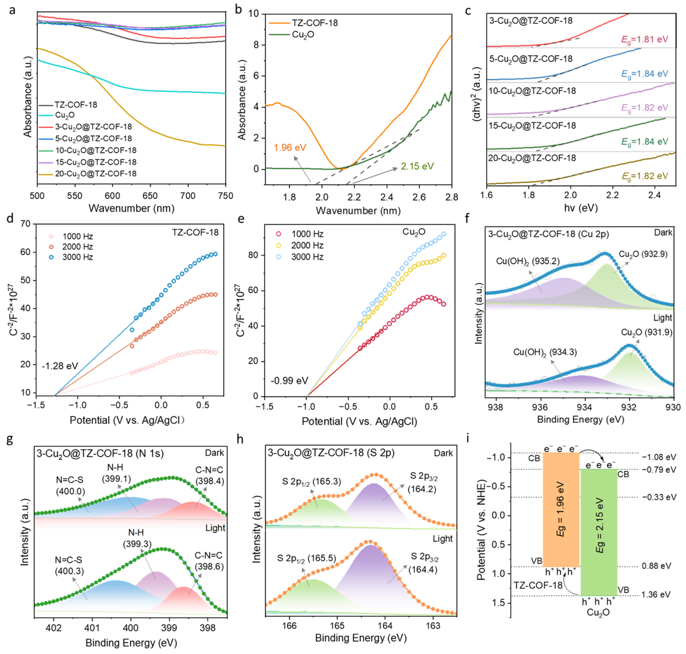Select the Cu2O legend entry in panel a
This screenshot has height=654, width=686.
[x=65, y=115]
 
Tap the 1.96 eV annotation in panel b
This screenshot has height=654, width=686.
[x=290, y=147]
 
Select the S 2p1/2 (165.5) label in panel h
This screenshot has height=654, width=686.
[x=306, y=558]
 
